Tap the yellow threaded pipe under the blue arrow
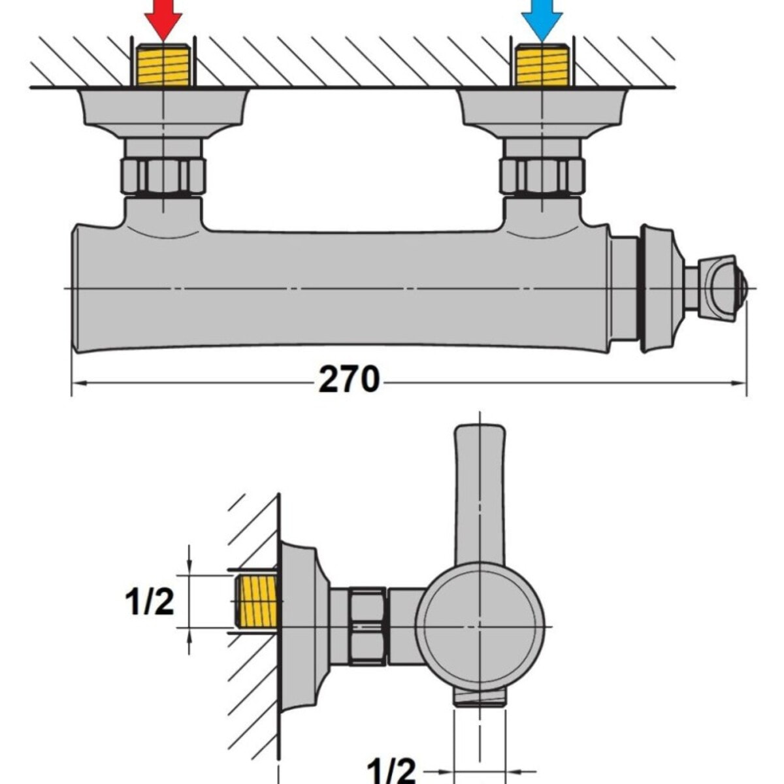[x=542, y=65]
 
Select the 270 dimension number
[x=348, y=380]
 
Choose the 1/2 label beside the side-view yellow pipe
[x=150, y=601]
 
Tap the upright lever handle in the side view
[x=480, y=490]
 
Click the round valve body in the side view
[x=480, y=625]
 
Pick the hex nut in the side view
[x=368, y=626]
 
